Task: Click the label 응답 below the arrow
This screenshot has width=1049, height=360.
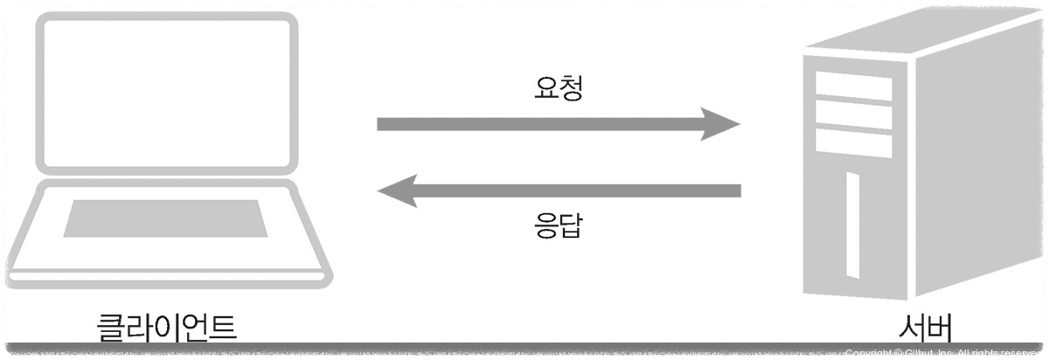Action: pyautogui.click(x=558, y=226)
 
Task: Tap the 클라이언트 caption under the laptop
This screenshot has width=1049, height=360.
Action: pyautogui.click(x=167, y=326)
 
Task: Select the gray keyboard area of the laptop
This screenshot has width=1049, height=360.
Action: pyautogui.click(x=165, y=218)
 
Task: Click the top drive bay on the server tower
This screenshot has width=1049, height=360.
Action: pyautogui.click(x=853, y=86)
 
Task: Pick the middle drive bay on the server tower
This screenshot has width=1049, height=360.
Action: pyautogui.click(x=853, y=114)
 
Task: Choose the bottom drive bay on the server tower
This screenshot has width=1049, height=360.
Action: pyautogui.click(x=853, y=142)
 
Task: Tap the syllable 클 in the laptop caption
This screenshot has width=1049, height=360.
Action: pyautogui.click(x=110, y=326)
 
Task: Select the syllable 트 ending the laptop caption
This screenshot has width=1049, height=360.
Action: pyautogui.click(x=223, y=326)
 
